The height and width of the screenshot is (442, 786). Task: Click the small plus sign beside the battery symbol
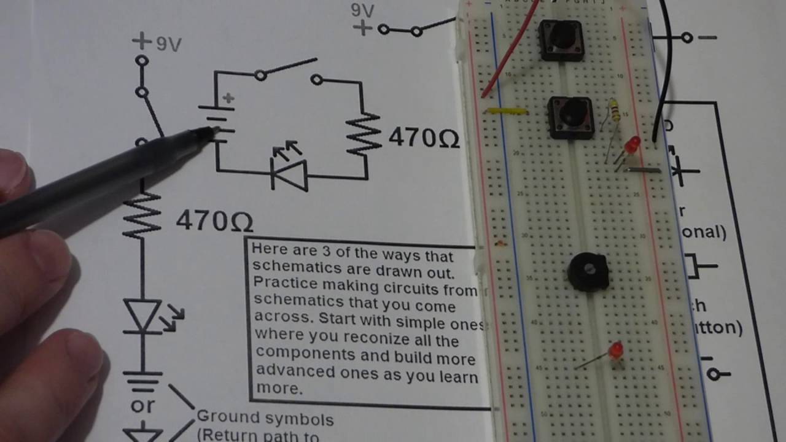(x=229, y=98)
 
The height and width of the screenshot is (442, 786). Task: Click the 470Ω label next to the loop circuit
(x=424, y=138)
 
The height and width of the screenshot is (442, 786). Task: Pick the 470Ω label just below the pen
(x=214, y=220)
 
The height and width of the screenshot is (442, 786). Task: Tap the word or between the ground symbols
(x=142, y=406)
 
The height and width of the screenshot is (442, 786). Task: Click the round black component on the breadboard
(x=588, y=272)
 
